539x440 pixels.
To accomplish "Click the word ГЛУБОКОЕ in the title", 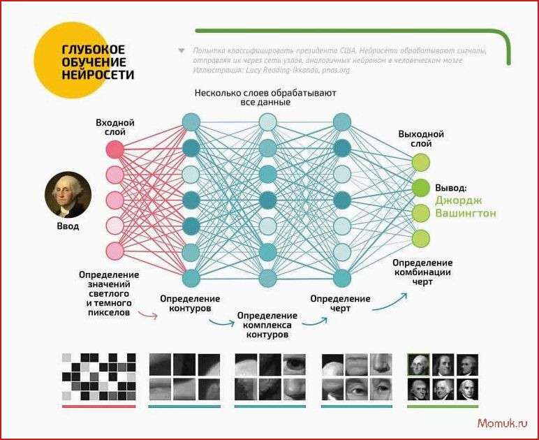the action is pos(93,50).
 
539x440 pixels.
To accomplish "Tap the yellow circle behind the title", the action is pos(73,61).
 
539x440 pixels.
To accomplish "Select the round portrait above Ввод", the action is pos(68,195).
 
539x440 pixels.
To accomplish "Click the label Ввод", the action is pos(68,226).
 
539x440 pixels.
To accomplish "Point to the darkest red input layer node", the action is pos(115,149).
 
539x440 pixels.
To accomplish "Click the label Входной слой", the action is pos(115,128).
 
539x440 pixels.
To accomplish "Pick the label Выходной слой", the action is pos(421,139).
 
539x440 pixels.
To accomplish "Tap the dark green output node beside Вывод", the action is pos(421,188).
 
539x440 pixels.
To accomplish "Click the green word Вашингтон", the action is pos(466,213).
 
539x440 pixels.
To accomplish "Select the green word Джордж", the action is pos(459,200).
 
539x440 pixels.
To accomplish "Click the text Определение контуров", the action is pos(190,304).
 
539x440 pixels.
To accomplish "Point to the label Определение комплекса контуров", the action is pos(267,325).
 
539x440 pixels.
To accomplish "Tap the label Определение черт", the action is pos(340,304).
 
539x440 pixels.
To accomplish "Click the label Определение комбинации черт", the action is pos(422,272).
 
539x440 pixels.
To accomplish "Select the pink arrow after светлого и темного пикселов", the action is pos(148,314).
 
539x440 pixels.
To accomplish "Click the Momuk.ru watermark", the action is pos(502,423).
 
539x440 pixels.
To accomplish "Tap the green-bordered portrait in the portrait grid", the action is pos(418,365).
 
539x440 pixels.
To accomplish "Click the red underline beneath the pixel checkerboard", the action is pos(99,406).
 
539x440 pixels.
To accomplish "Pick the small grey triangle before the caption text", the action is pos(182,51).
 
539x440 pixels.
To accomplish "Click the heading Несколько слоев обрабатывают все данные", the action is pos(265,98).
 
